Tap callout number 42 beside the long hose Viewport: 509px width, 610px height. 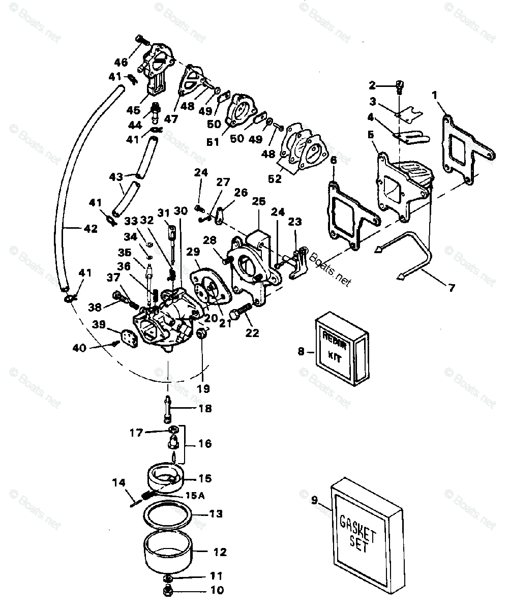point(90,229)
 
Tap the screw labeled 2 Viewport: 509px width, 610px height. point(399,87)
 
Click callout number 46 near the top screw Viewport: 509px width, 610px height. point(121,63)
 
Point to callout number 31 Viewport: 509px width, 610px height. point(162,212)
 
